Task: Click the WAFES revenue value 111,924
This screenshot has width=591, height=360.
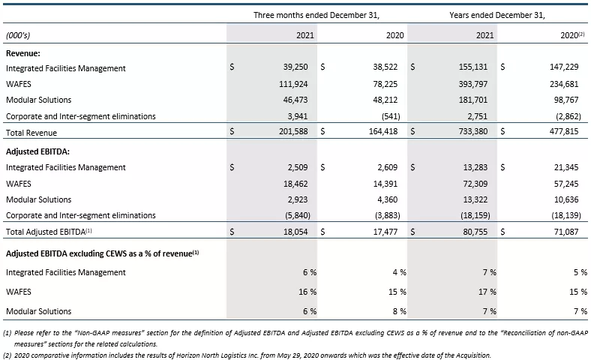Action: tap(293, 84)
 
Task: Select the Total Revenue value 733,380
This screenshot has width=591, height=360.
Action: tap(473, 131)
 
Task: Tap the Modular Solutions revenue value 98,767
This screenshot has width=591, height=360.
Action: tap(565, 100)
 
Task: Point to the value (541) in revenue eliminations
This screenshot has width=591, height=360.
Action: tap(391, 116)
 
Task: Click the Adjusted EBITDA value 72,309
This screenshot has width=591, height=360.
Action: tap(475, 184)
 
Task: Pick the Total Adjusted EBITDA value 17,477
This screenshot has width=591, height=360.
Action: tap(385, 232)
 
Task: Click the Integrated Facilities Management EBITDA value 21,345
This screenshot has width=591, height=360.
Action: tap(566, 167)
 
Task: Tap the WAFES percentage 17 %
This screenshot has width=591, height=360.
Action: tap(489, 292)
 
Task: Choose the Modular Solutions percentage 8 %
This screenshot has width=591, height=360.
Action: tap(400, 311)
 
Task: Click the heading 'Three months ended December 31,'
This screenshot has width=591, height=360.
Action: tap(316, 15)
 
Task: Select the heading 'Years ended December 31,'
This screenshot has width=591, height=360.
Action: tap(497, 15)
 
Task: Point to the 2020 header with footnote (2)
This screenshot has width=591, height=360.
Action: tap(572, 35)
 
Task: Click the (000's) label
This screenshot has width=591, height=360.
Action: tap(18, 35)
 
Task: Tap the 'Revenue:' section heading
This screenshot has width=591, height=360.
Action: tap(23, 53)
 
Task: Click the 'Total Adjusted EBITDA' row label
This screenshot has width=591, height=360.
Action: tap(49, 232)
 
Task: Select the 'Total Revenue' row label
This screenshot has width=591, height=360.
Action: tap(31, 133)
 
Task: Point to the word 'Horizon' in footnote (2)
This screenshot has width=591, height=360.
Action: tap(189, 355)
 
